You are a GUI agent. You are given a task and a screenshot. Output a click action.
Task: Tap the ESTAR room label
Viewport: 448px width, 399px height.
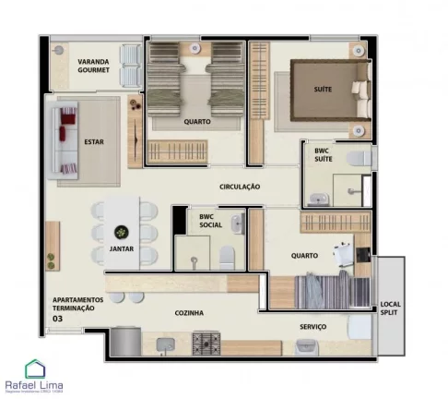[93, 142]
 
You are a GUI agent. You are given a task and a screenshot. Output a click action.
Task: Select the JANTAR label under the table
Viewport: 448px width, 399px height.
[120, 249]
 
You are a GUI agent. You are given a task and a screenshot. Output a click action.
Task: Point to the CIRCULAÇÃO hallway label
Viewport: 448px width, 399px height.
[240, 187]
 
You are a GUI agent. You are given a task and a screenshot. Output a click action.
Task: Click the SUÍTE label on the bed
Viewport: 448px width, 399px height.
[323, 89]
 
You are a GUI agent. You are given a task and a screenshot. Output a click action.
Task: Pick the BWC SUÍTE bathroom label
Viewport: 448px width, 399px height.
[324, 155]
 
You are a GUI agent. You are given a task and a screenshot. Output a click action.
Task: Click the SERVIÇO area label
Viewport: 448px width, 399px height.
[312, 326]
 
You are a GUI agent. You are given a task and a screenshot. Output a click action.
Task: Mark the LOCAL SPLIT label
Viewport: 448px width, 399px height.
[390, 308]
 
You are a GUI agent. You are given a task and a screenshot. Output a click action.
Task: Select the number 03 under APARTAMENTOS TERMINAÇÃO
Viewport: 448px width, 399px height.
[58, 320]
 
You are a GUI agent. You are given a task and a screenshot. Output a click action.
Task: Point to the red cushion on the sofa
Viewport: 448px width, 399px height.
[66, 130]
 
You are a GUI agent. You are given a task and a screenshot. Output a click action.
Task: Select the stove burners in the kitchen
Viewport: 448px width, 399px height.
[205, 344]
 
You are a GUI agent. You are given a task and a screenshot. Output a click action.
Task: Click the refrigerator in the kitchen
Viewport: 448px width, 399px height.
[123, 343]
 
